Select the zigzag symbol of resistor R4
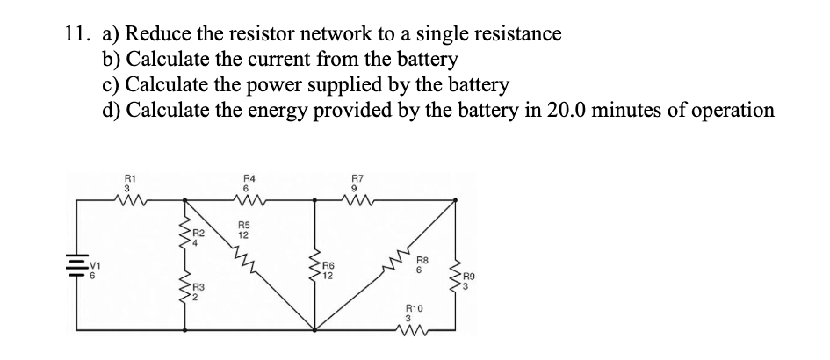point(248,201)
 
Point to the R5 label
point(244,226)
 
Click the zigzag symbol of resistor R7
point(357,201)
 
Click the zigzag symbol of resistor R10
point(414,330)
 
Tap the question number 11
point(77,34)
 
